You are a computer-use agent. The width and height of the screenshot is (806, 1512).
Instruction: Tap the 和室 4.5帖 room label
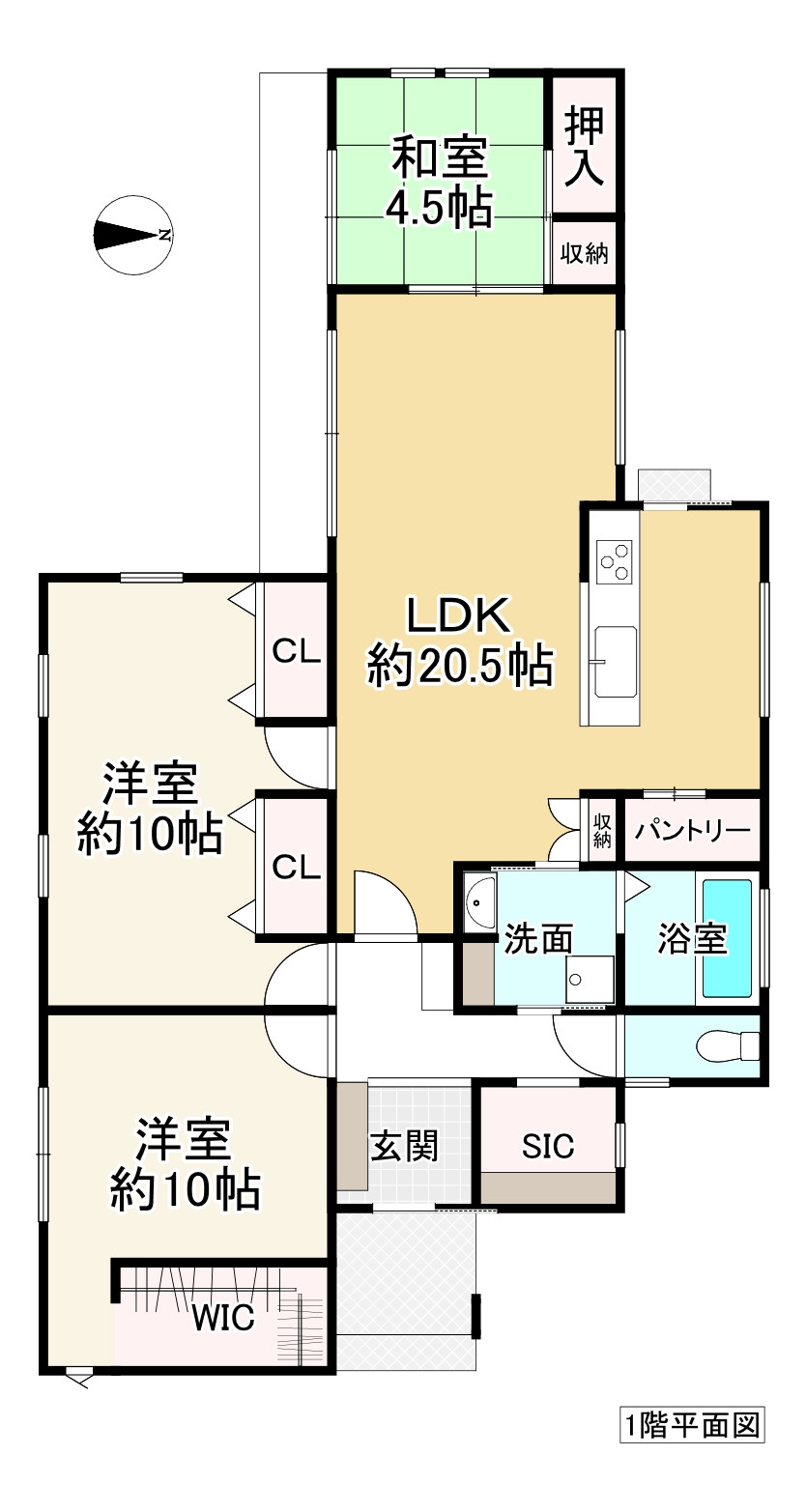440,183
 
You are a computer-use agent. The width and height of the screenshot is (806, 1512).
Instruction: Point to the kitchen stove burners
616,561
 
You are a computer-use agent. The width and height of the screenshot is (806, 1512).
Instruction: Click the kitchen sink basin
616,661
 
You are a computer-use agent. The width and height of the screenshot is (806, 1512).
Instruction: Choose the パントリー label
692,830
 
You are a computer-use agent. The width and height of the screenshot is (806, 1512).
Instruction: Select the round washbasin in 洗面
477,902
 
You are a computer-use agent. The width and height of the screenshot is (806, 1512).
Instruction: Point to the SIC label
548,1147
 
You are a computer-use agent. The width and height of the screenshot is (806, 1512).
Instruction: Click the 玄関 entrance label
405,1146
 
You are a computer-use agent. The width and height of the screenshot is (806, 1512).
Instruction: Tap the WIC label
223,1317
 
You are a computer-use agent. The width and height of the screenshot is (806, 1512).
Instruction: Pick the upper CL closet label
296,651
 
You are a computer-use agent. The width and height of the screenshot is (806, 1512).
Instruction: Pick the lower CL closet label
296,867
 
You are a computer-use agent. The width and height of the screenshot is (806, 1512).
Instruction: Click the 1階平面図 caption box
692,1425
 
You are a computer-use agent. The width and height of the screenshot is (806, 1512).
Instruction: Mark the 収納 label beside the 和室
584,254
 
